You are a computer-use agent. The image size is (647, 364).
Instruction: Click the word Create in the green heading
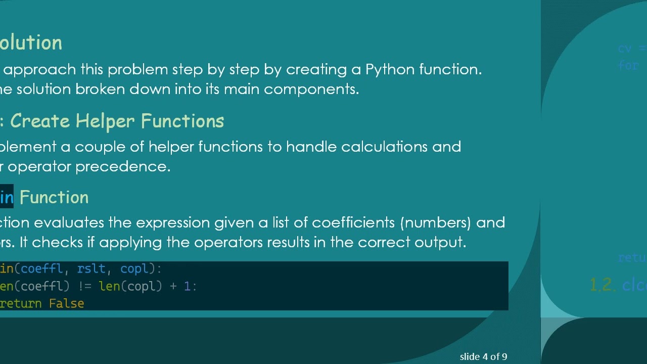40,121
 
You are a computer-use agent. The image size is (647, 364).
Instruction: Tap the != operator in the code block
84,287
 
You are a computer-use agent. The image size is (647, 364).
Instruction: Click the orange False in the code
66,304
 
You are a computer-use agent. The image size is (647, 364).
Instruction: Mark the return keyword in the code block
21,304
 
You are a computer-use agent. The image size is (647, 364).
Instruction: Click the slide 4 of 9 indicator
483,357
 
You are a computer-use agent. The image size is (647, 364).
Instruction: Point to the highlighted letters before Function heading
7,198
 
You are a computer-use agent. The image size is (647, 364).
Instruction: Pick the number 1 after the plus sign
187,287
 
